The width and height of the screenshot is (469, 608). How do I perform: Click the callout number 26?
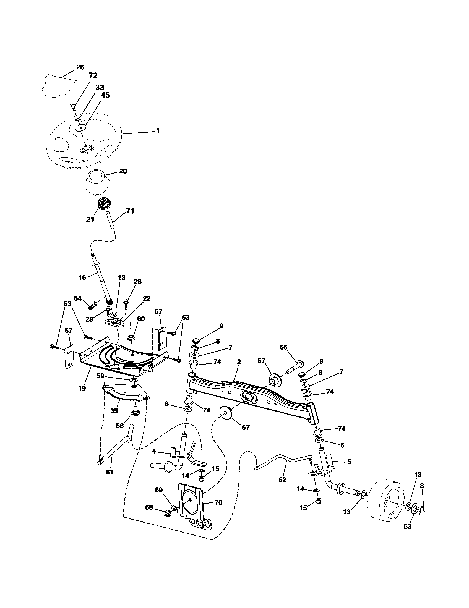[80, 67]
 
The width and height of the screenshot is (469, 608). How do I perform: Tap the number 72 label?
[93, 75]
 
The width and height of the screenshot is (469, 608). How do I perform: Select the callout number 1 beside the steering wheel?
[158, 130]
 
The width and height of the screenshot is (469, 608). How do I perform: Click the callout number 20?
[123, 171]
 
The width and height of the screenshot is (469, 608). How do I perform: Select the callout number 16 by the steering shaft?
[83, 277]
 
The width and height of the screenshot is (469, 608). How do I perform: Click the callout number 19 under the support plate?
[82, 388]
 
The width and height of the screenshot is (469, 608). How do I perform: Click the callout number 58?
[120, 426]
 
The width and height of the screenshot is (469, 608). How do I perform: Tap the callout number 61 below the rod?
[110, 471]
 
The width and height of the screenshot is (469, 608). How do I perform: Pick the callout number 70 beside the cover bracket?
[218, 502]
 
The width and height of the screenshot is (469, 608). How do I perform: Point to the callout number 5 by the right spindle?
[349, 462]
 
